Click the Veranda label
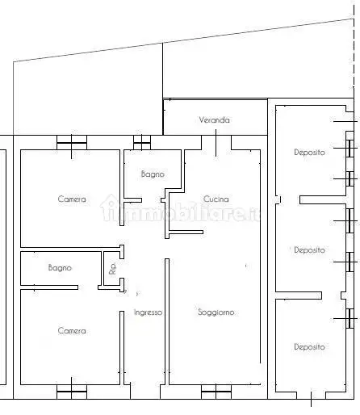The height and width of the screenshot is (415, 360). (x=215, y=120)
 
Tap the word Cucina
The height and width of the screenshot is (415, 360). (x=216, y=199)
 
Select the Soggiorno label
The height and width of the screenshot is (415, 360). (x=216, y=312)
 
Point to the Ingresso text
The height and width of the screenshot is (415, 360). (x=148, y=312)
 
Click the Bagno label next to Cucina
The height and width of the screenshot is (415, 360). (x=153, y=174)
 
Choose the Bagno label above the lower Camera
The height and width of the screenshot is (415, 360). (x=60, y=267)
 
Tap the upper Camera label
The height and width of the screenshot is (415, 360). (x=71, y=199)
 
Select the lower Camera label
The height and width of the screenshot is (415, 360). (x=71, y=330)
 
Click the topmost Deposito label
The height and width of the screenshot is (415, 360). (x=309, y=152)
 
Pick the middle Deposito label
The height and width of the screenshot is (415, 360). (x=309, y=250)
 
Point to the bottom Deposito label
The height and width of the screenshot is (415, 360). (x=309, y=347)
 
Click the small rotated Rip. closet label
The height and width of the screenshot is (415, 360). (x=112, y=270)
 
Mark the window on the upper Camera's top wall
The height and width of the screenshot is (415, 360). (x=71, y=145)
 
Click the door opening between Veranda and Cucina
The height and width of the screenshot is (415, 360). (x=216, y=143)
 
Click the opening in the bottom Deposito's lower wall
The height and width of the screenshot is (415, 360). (x=311, y=396)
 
